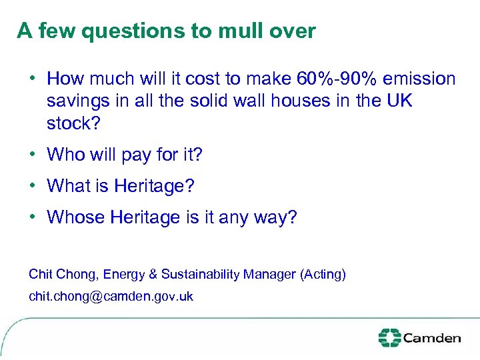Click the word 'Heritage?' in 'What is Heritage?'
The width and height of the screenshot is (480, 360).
pos(154,186)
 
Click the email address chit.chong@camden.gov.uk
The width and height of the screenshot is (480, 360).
pos(111,296)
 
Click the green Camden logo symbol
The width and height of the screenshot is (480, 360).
pos(389,337)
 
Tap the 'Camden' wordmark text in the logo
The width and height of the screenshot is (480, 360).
pos(431,338)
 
